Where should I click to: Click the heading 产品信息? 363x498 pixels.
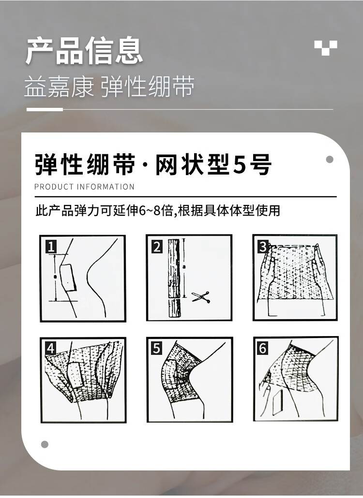pyautogui.click(x=84, y=51)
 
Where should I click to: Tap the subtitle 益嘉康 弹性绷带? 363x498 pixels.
pyautogui.click(x=109, y=87)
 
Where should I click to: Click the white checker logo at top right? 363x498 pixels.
pyautogui.click(x=326, y=48)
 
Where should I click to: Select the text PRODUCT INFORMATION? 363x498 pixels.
pyautogui.click(x=84, y=187)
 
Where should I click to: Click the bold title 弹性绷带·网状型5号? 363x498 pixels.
pyautogui.click(x=153, y=164)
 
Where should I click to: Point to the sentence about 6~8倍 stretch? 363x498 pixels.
pyautogui.click(x=158, y=211)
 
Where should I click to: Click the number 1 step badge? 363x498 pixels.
pyautogui.click(x=51, y=247)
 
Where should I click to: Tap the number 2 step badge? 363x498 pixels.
pyautogui.click(x=157, y=247)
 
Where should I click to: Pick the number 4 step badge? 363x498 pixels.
pyautogui.click(x=51, y=349)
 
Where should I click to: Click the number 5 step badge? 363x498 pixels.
pyautogui.click(x=157, y=349)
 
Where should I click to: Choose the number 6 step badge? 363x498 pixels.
pyautogui.click(x=263, y=348)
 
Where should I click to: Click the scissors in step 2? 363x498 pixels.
pyautogui.click(x=201, y=297)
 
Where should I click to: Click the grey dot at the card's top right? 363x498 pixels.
pyautogui.click(x=330, y=160)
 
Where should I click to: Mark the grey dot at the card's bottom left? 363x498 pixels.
pyautogui.click(x=45, y=445)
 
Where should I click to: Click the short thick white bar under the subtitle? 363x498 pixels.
pyautogui.click(x=45, y=110)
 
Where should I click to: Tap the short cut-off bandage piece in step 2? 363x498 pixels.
pyautogui.click(x=174, y=308)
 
